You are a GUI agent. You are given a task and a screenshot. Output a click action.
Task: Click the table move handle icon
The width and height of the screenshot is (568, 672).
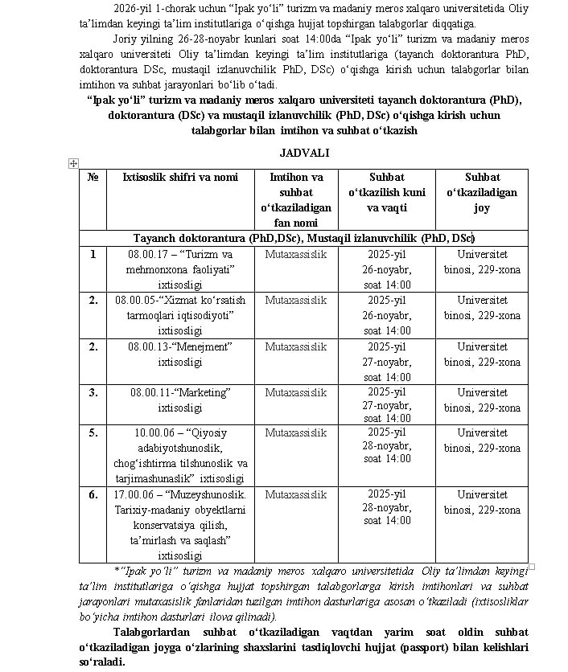click(x=73, y=163)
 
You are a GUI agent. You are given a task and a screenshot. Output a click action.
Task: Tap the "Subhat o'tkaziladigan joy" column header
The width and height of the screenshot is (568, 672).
click(x=481, y=192)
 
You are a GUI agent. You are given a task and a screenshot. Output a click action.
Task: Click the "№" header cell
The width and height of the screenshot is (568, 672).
click(x=93, y=177)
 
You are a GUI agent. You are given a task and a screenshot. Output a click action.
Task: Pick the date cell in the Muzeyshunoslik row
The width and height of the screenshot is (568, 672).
click(x=386, y=507)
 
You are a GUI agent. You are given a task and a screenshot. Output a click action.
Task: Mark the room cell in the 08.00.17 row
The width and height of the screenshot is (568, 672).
click(x=481, y=261)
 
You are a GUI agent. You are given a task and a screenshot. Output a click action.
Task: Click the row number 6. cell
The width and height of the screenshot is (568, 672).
click(x=93, y=494)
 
